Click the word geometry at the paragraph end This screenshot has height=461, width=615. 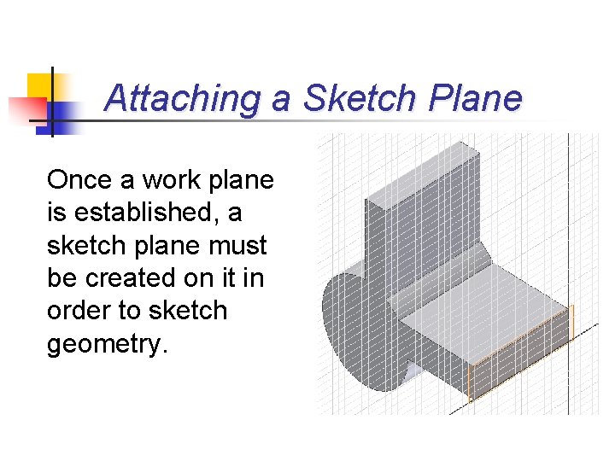pyautogui.click(x=102, y=343)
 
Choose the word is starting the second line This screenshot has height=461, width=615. pyautogui.click(x=56, y=213)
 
